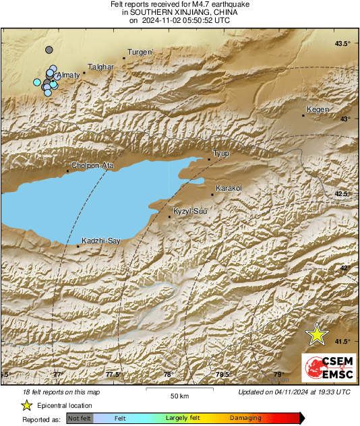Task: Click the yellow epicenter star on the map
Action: pyautogui.click(x=316, y=334)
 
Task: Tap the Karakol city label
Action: pyautogui.click(x=228, y=188)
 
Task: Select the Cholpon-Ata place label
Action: pyautogui.click(x=92, y=165)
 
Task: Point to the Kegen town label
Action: pyautogui.click(x=318, y=109)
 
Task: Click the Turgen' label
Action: pyautogui.click(x=141, y=52)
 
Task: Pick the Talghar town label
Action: pyautogui.click(x=99, y=67)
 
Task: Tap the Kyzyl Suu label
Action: pyautogui.click(x=190, y=212)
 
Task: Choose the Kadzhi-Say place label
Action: pyautogui.click(x=101, y=241)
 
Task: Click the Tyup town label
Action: pyautogui.click(x=221, y=154)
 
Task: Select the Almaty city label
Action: pyautogui.click(x=69, y=75)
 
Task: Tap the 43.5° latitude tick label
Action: pyautogui.click(x=343, y=44)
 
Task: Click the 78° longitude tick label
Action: pyautogui.click(x=169, y=375)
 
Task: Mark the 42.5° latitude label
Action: pyautogui.click(x=343, y=194)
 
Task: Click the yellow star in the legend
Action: pyautogui.click(x=26, y=406)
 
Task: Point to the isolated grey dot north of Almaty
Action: pyautogui.click(x=49, y=50)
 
